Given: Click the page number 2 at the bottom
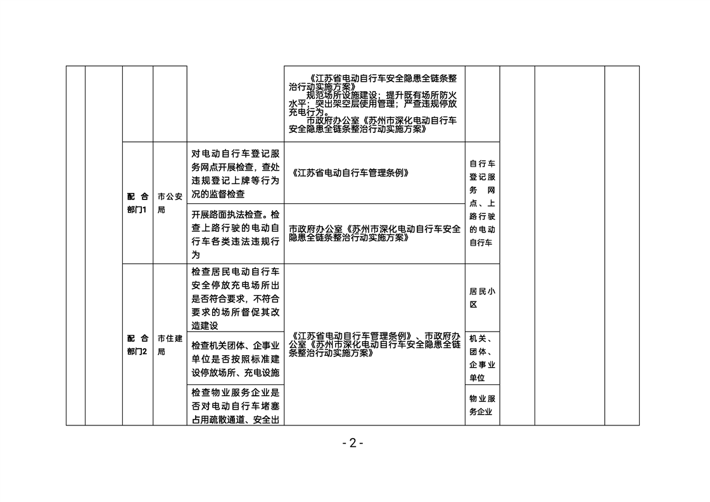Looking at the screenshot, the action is point(353,443).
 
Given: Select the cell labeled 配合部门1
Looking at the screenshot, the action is point(137,203).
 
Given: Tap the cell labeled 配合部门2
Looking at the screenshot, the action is point(137,344).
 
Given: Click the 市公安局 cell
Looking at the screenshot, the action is point(170,203).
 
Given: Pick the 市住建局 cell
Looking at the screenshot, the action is point(170,344).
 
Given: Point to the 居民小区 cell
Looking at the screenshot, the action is point(482,298).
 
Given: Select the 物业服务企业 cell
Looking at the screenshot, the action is point(482,405).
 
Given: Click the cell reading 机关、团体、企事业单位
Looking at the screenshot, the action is point(482,358).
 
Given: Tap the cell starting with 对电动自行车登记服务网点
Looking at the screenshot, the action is point(236,173).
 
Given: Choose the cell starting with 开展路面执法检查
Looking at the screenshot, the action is point(236,234).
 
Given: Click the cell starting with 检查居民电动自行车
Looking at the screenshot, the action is point(236,298).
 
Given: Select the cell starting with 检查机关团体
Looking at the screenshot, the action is point(236,358).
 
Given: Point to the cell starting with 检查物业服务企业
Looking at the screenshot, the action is point(236,405).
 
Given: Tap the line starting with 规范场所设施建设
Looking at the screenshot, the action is point(382,96).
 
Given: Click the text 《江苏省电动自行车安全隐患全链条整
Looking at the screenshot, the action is point(382,78).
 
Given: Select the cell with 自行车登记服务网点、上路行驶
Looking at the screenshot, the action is point(482,203).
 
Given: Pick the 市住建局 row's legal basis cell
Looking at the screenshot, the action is point(374,344).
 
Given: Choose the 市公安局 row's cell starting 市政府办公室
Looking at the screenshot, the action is point(374,234).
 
